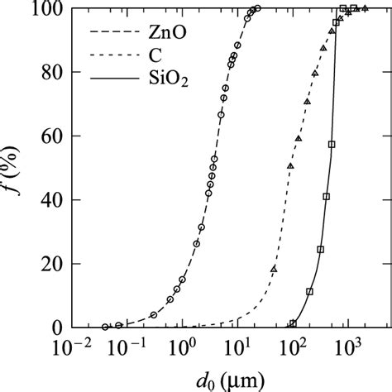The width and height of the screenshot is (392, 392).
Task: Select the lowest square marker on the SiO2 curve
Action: [293, 324]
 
